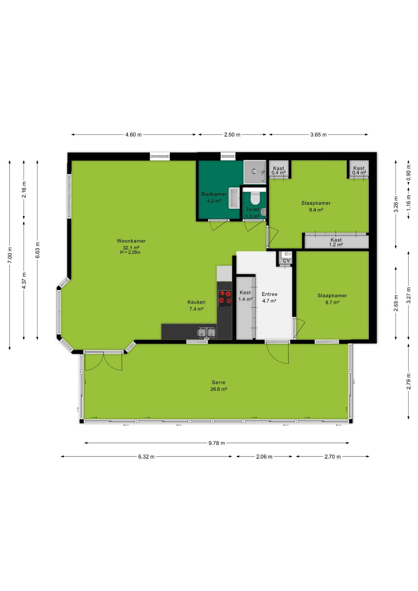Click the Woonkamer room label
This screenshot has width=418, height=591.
coord(131,241)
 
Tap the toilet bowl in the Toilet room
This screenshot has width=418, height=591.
coord(255,198)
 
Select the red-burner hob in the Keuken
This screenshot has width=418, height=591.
coord(225,298)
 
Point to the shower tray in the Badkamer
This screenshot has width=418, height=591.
coord(255,172)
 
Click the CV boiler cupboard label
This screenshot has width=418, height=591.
coord(286,260)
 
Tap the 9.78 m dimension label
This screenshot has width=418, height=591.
coord(217,443)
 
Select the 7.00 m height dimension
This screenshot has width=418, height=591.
coord(10,255)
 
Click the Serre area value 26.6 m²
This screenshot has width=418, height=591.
coord(219,389)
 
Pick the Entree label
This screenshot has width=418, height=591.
coord(269,294)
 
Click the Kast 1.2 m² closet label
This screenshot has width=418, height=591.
coord(336,242)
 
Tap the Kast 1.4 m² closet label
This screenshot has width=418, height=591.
coord(245,296)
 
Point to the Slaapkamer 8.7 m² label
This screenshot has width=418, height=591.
coord(332,299)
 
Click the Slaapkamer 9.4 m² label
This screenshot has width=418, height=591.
coord(316,207)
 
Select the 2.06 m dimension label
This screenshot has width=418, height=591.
coord(264,456)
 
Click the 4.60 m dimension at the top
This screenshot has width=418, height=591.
coord(134,135)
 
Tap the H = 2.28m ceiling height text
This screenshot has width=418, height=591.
coord(130,252)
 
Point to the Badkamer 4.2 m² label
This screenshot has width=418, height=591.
coord(214,197)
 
